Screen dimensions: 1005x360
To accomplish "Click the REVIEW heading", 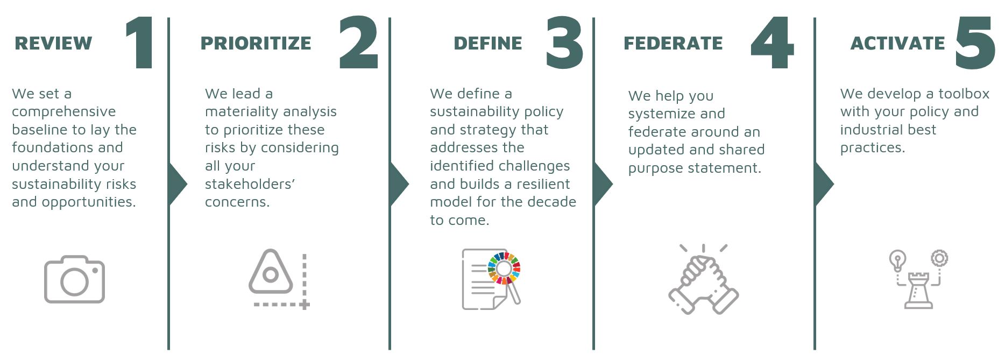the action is tap(53, 43).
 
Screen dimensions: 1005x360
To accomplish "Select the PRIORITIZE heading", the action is tap(256, 43).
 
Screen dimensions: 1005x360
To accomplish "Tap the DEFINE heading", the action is tap(487, 43).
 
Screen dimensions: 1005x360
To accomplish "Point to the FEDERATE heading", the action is tap(673, 43).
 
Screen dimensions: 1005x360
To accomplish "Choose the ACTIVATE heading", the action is tap(897, 43).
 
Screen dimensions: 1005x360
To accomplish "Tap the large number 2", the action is tap(359, 43).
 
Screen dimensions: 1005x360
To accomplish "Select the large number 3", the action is tap(564, 43).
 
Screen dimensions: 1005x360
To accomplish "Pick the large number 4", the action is tap(773, 43).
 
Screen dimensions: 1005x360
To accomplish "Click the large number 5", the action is tap(975, 43).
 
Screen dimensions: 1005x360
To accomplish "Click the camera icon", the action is tap(74, 279).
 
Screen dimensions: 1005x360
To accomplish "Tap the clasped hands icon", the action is tap(704, 279).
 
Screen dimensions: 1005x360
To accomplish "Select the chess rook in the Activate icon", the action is tap(918, 291).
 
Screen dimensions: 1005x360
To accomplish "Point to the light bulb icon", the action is tap(897, 260).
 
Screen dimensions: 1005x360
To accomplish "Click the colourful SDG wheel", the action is tap(504, 268).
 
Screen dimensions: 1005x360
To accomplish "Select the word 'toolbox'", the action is tap(964, 94).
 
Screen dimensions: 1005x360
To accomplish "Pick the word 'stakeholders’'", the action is tap(250, 184).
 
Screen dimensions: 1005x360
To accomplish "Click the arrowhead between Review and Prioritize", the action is tap(178, 184).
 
